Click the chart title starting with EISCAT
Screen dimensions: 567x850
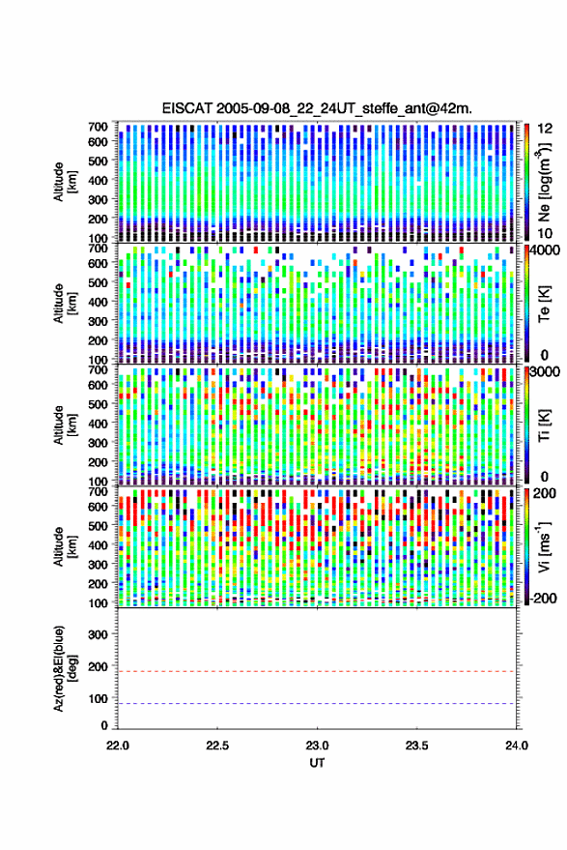pyautogui.click(x=317, y=108)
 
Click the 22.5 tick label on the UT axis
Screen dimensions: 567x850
pyautogui.click(x=217, y=746)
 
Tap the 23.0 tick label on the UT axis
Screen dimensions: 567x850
pyautogui.click(x=317, y=746)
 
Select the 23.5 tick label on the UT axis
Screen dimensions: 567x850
pyautogui.click(x=416, y=746)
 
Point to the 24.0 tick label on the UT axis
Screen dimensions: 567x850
pyautogui.click(x=516, y=746)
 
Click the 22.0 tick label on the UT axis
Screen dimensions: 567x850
pyautogui.click(x=118, y=746)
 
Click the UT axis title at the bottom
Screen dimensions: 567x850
pyautogui.click(x=317, y=763)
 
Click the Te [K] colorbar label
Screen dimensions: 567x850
pyautogui.click(x=544, y=303)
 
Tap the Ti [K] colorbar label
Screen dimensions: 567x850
pyautogui.click(x=544, y=425)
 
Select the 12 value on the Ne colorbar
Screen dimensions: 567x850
pyautogui.click(x=545, y=129)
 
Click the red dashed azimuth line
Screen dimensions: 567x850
pyautogui.click(x=317, y=671)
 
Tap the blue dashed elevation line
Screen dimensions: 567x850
pyautogui.click(x=317, y=704)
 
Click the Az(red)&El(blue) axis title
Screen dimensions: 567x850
pyautogui.click(x=66, y=668)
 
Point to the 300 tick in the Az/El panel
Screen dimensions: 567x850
pyautogui.click(x=98, y=634)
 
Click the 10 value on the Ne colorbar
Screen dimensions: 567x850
pyautogui.click(x=545, y=233)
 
